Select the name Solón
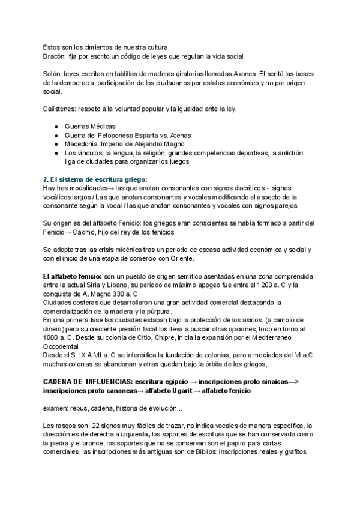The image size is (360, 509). click(x=53, y=74)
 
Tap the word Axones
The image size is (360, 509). click(x=238, y=74)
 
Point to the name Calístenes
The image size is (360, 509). click(x=59, y=108)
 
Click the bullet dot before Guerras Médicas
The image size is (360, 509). click(x=56, y=127)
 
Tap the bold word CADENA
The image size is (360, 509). click(x=58, y=381)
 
